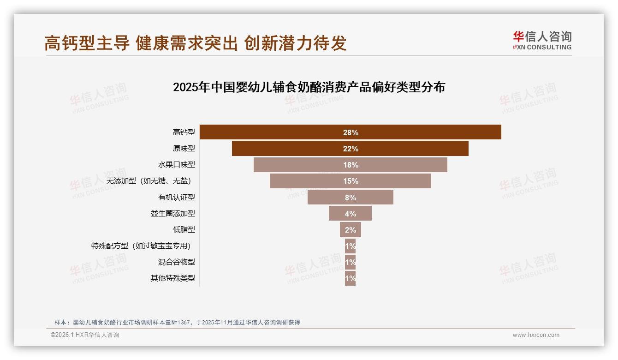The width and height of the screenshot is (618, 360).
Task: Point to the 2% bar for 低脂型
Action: [350, 230]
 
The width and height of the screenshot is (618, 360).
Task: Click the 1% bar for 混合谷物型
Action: [350, 262]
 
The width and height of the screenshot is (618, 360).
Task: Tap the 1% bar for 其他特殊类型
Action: [350, 278]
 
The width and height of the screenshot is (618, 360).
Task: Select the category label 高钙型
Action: [184, 132]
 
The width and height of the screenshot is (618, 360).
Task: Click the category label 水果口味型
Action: [176, 165]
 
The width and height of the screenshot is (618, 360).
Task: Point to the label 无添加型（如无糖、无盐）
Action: [149, 181]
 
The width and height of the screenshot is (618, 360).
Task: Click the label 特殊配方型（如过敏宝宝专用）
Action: [141, 246]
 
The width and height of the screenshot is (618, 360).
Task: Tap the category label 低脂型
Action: [184, 229]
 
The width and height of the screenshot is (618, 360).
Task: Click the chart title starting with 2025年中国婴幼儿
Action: [309, 87]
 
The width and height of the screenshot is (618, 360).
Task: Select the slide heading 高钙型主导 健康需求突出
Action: [195, 43]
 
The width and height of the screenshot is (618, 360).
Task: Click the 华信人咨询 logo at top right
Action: [542, 40]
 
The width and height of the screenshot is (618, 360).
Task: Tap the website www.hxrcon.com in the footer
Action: [535, 335]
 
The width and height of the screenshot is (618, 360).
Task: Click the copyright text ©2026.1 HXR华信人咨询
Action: [84, 335]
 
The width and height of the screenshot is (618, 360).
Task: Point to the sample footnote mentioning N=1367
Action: [177, 322]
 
